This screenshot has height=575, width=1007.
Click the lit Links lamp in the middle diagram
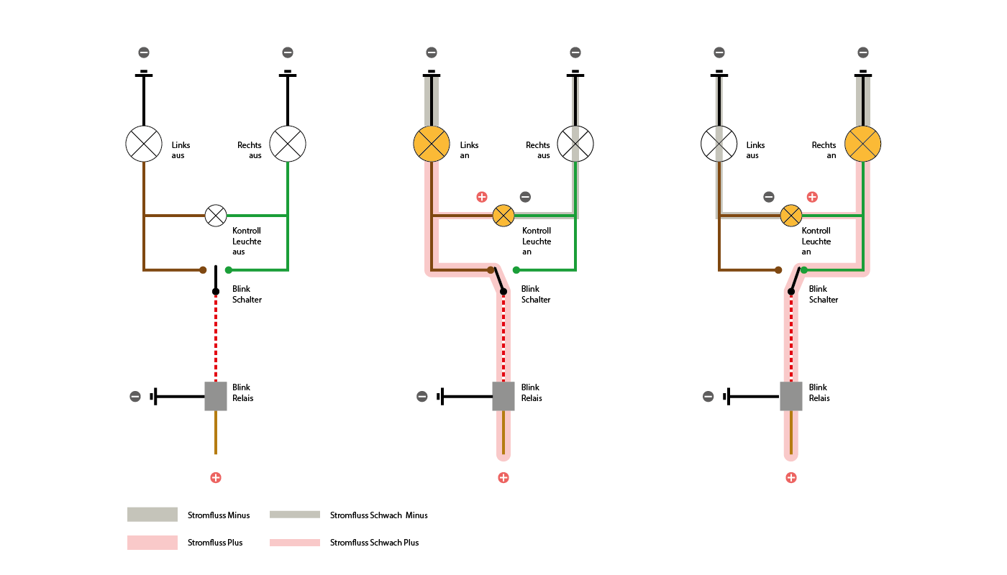coord(431,144)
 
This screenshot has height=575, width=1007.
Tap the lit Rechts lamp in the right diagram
coord(862,144)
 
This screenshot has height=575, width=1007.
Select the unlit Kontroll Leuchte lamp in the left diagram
coord(216,216)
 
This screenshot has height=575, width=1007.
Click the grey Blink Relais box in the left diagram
coord(216,396)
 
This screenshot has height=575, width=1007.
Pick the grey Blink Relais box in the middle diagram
coord(503,396)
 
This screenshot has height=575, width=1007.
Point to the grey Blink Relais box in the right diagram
coord(791,396)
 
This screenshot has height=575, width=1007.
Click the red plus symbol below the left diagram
coord(216,477)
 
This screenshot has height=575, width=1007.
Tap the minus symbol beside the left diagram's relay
coord(135,396)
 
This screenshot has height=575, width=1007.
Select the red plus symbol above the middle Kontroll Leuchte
coord(482,197)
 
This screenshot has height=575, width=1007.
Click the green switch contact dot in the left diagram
coord(229,270)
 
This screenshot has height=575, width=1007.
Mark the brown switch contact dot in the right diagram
coord(778,270)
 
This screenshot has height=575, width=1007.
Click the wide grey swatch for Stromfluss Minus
coord(152,515)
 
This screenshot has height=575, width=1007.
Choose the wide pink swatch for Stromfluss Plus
coord(152,542)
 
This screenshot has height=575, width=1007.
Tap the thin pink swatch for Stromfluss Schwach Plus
coord(295,542)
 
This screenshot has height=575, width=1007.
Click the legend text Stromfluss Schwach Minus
coord(378,515)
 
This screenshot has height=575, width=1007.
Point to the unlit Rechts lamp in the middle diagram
coord(575,144)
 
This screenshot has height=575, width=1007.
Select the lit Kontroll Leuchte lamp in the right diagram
coord(791,216)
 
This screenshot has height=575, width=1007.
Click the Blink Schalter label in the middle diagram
coord(535,294)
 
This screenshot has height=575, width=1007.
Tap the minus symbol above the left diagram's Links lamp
coord(144,52)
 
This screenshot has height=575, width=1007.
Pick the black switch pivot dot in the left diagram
coord(216,292)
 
